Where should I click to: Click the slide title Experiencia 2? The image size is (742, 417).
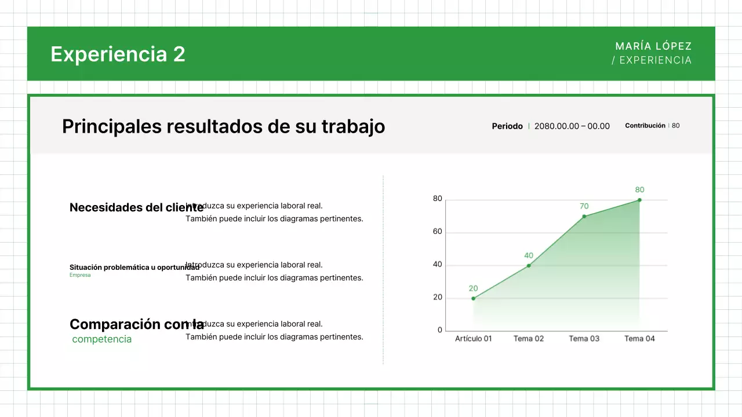pos(118,54)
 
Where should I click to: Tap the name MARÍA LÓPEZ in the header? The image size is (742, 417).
pos(653,46)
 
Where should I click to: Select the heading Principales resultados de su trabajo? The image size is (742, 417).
pos(223,126)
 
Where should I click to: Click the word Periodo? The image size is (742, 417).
pos(507,126)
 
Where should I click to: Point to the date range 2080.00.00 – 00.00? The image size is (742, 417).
pos(572,126)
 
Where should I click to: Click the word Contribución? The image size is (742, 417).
pos(645,126)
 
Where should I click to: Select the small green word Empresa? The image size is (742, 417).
pos(80,275)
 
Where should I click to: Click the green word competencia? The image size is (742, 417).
pos(102,339)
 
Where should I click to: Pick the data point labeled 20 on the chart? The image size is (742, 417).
pos(474,298)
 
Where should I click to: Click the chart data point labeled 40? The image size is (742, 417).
pos(529,265)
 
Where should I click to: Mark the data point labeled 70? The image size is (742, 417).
pos(584,217)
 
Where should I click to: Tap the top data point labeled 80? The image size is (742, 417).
pos(639,200)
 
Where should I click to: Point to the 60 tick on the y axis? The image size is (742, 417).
pos(437,232)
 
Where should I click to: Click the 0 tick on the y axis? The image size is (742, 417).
pos(439,330)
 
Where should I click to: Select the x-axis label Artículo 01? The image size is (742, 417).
pos(473,339)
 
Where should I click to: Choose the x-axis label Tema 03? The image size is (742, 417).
pos(584,339)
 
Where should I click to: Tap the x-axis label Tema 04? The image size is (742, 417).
pos(639,339)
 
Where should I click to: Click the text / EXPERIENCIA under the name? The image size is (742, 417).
pos(652,60)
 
